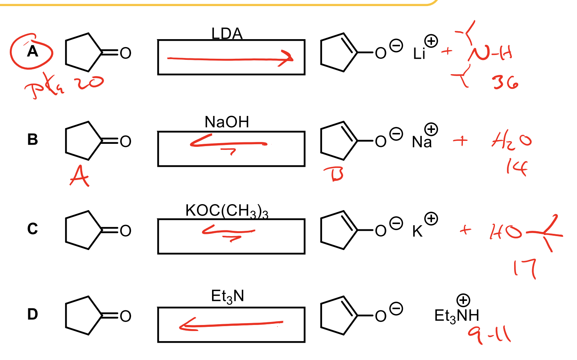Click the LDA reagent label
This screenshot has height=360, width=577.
click(227, 34)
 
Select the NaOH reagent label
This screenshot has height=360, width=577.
click(227, 122)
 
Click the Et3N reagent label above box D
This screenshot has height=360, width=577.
click(227, 296)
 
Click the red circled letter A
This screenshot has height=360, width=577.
click(32, 51)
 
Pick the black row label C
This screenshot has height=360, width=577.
click(32, 229)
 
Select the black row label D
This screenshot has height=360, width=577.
click(32, 314)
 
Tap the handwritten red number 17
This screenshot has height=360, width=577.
click(525, 268)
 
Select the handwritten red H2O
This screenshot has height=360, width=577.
click(511, 140)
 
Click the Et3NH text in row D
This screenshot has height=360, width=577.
click(456, 316)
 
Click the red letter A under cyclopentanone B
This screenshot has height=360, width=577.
click(79, 176)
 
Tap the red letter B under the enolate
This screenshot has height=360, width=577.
click(334, 174)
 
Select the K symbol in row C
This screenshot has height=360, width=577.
click(417, 231)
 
